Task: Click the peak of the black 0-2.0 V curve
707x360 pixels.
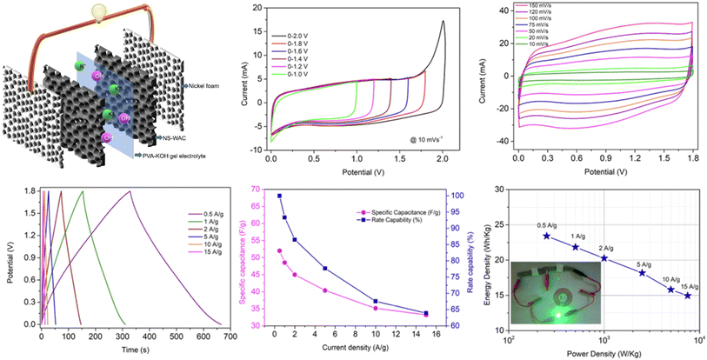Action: (x=444, y=22)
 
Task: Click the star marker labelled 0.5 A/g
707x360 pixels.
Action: (x=546, y=236)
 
